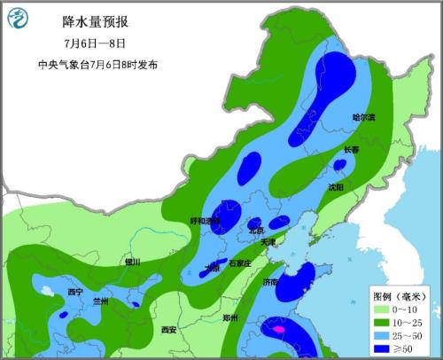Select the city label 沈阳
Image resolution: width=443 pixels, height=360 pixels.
tap(334, 187)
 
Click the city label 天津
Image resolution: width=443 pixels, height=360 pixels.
tap(279, 242)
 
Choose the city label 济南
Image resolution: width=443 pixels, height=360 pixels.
tap(270, 282)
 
